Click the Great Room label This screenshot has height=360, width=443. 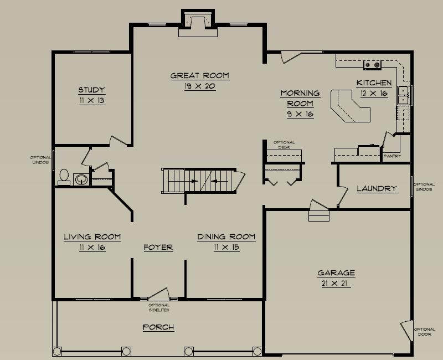[x=200, y=76]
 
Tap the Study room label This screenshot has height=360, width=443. [x=92, y=90]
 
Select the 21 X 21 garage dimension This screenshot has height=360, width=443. [x=334, y=283]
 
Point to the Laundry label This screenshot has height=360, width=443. [x=377, y=188]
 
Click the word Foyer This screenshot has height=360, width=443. [x=158, y=248]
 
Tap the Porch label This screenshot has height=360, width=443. [x=158, y=327]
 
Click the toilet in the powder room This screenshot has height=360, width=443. [x=64, y=177]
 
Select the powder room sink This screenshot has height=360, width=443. [x=81, y=179]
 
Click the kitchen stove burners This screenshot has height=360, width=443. [x=372, y=65]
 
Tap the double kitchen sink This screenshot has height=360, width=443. [x=403, y=95]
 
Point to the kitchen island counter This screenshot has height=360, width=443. [x=351, y=106]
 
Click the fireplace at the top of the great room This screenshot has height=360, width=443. [x=198, y=24]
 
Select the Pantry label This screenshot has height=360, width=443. [x=392, y=156]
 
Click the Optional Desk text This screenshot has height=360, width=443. [x=284, y=145]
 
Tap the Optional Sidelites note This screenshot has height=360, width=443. [x=159, y=307]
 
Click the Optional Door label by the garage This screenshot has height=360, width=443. [x=425, y=332]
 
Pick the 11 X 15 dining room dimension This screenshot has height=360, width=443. [x=226, y=248]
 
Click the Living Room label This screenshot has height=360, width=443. [x=92, y=237]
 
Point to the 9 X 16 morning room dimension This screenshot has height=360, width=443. [x=300, y=114]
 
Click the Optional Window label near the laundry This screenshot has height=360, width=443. [x=424, y=187]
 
